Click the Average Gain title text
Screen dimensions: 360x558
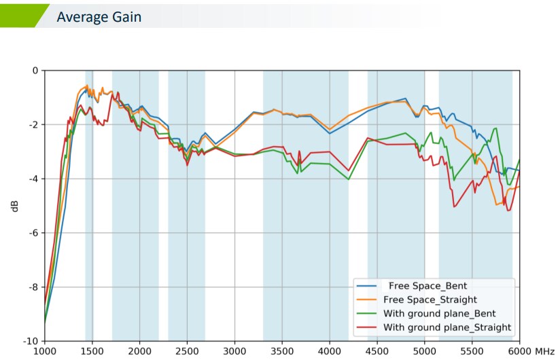(x=99, y=17)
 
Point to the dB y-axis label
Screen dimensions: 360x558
(x=15, y=206)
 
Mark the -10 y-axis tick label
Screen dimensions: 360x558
(x=31, y=341)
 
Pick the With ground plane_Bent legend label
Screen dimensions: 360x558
(x=440, y=313)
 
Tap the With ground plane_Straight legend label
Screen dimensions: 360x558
(x=447, y=327)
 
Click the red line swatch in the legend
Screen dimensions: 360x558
(x=367, y=327)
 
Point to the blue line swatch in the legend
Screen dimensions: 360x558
(x=367, y=285)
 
